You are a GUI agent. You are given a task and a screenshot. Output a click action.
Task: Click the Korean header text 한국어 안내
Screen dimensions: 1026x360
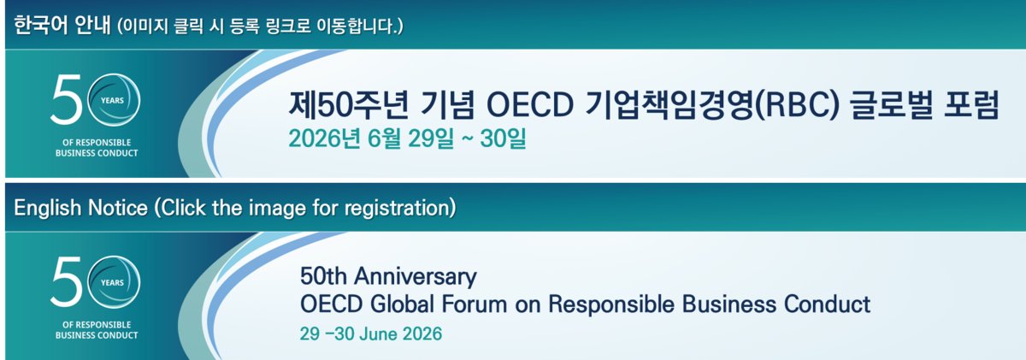pos(62,25)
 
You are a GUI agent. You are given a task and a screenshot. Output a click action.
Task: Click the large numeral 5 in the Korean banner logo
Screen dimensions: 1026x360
pos(67,100)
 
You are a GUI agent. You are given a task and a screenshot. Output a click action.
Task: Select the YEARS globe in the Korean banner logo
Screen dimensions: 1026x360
pos(114,100)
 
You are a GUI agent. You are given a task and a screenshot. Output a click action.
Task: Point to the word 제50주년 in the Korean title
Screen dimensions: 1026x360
pos(349,105)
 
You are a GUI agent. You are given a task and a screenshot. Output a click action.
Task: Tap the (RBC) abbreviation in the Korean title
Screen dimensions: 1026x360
pos(797,105)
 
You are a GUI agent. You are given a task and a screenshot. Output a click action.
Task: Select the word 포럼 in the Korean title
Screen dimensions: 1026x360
pos(971,105)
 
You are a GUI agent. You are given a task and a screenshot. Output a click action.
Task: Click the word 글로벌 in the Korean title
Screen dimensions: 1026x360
pos(891,105)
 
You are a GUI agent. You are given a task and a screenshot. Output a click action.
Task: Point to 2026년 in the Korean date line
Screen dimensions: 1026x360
pos(324,138)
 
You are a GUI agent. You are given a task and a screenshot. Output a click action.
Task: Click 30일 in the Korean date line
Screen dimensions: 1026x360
pos(503,138)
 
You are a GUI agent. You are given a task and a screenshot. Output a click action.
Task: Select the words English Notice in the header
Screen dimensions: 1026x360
pos(81,208)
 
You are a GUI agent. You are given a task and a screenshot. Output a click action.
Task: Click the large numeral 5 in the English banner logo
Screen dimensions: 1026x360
pos(67,281)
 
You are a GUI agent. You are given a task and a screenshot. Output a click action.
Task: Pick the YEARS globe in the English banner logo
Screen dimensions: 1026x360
pos(114,281)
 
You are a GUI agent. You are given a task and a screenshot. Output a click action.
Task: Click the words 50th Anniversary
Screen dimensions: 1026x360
pos(388,276)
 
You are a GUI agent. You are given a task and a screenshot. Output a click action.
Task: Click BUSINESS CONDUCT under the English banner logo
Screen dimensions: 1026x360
pos(97,335)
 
